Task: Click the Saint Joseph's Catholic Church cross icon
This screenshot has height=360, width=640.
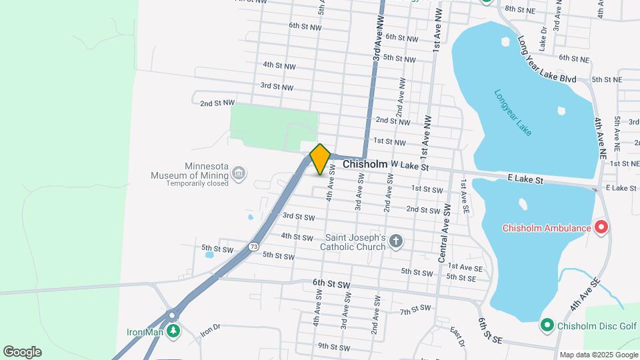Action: tap(396, 241)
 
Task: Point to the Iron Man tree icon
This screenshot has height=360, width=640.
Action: tap(174, 331)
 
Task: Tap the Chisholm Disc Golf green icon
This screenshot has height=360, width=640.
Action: tap(547, 325)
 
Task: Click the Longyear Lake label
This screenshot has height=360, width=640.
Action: tap(513, 113)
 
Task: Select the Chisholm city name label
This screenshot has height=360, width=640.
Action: tap(365, 164)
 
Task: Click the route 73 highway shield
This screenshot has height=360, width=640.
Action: tap(253, 247)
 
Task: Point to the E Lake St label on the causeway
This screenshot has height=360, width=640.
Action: tap(525, 180)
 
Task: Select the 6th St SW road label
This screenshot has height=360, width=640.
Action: tap(331, 283)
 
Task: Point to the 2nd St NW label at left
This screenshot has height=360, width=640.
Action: tap(217, 103)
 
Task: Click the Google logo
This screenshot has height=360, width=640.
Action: tap(22, 352)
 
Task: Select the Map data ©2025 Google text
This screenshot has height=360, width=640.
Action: tap(598, 355)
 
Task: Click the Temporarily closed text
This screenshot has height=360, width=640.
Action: tap(197, 183)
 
